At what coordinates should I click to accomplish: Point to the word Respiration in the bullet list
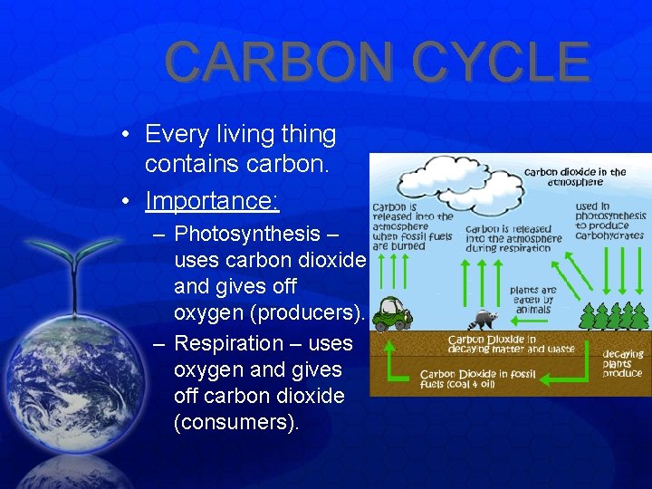click(x=228, y=343)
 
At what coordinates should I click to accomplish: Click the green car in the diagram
click(x=393, y=312)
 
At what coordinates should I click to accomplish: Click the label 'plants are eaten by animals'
click(x=533, y=300)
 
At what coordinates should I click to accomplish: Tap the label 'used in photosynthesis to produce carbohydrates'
click(x=611, y=222)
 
